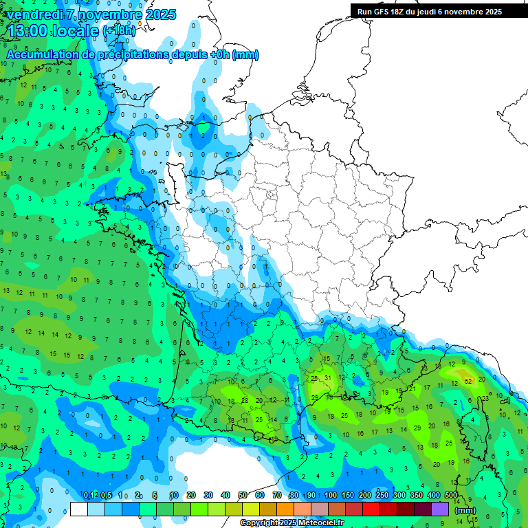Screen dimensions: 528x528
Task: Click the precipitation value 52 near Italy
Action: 468,380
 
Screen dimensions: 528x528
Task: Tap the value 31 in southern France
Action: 328,377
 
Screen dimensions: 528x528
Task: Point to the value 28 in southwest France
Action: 245,399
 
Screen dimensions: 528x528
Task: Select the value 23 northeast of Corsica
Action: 485,398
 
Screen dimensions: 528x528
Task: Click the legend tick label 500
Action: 451,495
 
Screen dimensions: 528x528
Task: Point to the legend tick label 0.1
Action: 89,495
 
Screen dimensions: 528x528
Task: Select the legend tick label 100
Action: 331,495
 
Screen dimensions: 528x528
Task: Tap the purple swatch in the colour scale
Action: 440,509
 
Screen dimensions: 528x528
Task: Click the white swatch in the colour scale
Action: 79,509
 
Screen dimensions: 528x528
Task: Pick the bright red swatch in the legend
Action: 371,509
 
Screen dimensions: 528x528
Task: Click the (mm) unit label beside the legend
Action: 465,510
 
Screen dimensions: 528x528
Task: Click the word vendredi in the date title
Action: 34,14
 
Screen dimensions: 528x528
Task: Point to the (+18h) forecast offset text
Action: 118,31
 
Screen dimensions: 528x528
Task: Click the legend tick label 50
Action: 243,495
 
